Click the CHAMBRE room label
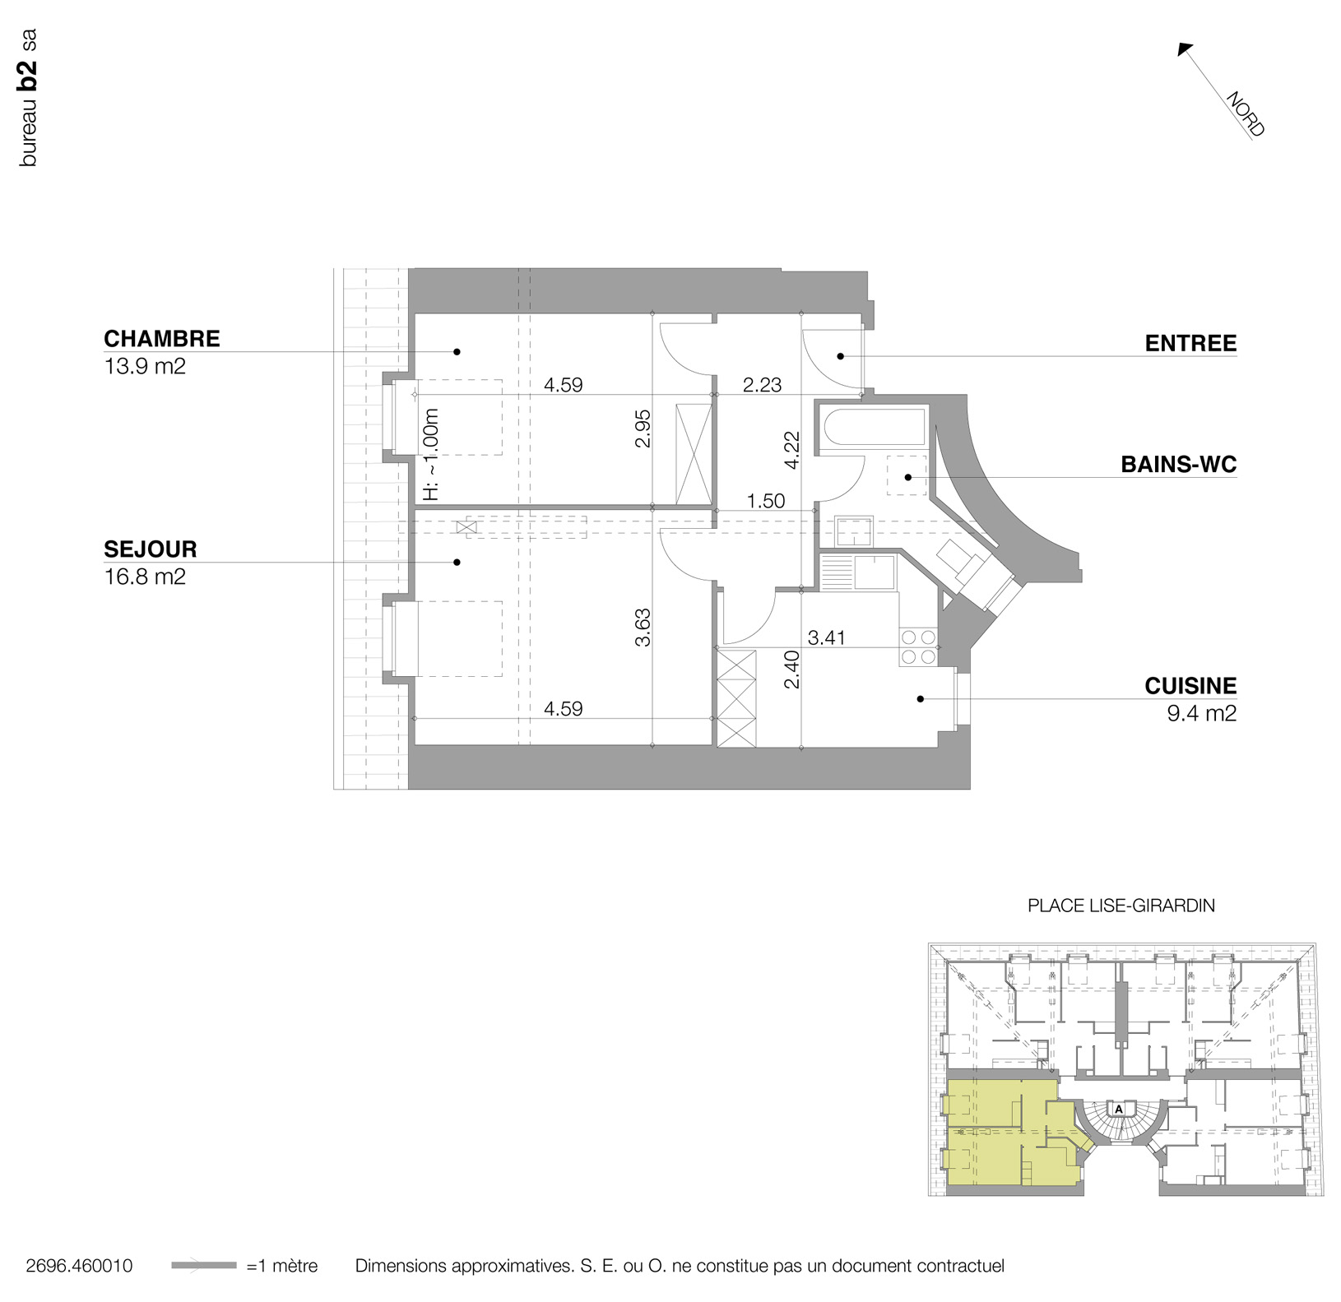point(161,339)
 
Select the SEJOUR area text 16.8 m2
point(145,577)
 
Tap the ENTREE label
point(1190,343)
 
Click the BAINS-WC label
point(1178,465)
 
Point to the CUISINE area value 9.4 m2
point(1201,713)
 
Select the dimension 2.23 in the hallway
point(762,385)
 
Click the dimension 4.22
point(791,450)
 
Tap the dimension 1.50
point(765,501)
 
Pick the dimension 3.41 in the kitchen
point(826,637)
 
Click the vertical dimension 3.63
point(643,627)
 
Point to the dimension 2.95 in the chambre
point(643,429)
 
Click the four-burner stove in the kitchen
point(919,646)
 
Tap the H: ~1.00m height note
point(430,454)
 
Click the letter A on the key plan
point(1119,1108)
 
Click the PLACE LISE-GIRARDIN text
point(1121,906)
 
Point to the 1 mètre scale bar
point(204,1266)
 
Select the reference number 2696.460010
point(79,1266)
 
